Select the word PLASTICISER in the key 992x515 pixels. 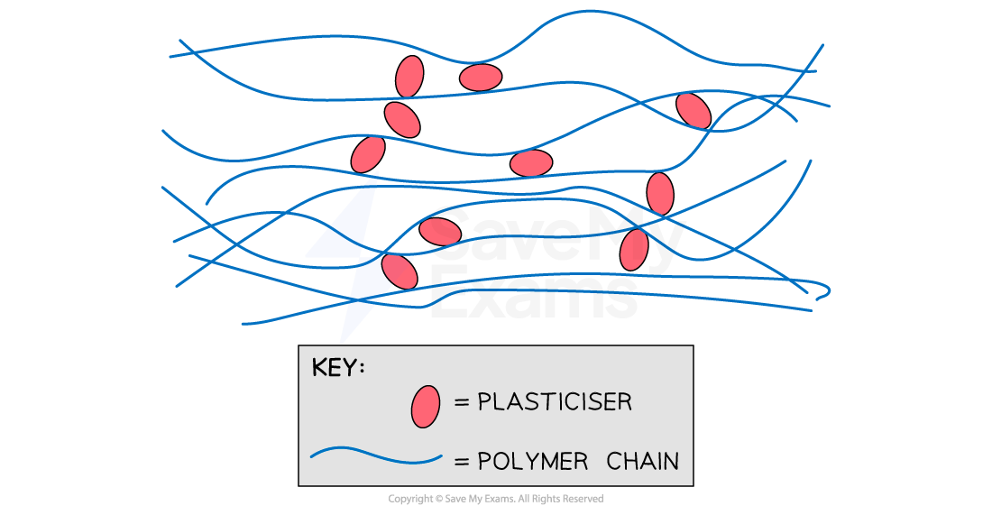[555, 402]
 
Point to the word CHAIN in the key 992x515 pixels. [642, 461]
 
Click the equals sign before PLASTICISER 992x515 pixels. [462, 402]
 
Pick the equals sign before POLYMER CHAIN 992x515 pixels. [462, 461]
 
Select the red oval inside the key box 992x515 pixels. [426, 406]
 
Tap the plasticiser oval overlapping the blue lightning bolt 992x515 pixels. [399, 271]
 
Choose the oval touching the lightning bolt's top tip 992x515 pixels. [368, 154]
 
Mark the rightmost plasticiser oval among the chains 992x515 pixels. [693, 110]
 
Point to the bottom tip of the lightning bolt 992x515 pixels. [342, 341]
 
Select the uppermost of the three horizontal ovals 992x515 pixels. [481, 78]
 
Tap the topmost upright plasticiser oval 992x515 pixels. [409, 77]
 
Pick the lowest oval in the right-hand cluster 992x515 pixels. [634, 249]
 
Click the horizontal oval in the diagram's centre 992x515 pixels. [531, 163]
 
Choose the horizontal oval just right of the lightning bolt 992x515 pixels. [440, 232]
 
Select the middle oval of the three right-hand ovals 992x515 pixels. [660, 193]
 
